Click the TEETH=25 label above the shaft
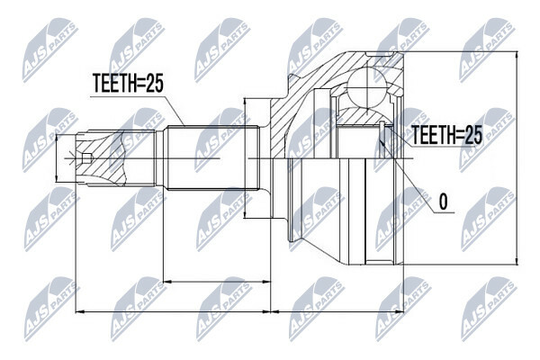[x=128, y=84]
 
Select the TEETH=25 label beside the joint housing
[x=446, y=135]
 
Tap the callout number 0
[x=444, y=202]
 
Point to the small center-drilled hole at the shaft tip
[x=86, y=158]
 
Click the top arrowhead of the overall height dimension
[x=517, y=56]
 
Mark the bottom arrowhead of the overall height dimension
[x=517, y=260]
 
